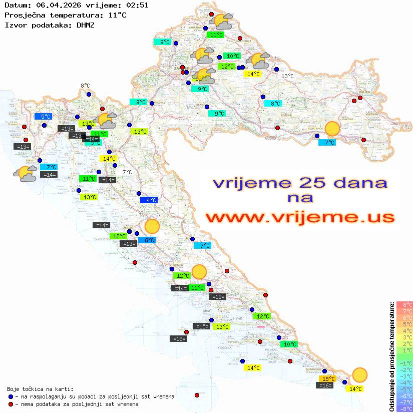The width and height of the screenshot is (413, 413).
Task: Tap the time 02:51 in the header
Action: coord(137,6)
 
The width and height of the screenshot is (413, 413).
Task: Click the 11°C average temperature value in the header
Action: coord(117,15)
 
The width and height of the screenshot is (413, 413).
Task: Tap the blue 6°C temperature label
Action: coord(149,240)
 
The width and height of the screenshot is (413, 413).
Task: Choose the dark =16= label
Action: coord(325,385)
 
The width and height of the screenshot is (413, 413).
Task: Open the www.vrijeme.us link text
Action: coord(300,218)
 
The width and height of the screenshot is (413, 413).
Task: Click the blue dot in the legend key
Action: coord(11,396)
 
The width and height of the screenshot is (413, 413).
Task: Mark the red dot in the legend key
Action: coord(11,404)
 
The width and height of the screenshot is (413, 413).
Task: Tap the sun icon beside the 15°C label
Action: coord(359,374)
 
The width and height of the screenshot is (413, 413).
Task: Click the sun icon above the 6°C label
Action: coord(152,227)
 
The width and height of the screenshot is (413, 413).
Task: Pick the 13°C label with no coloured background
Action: coord(287,76)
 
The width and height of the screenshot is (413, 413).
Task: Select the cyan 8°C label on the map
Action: coord(275,104)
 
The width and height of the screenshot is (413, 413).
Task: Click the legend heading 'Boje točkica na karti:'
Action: coord(40,389)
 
